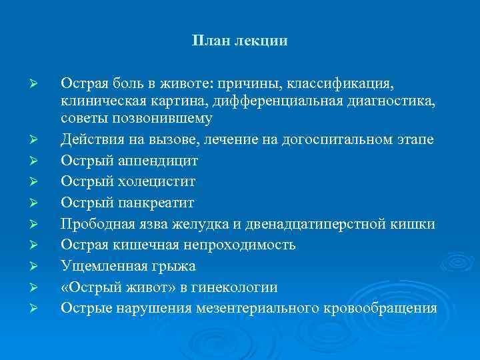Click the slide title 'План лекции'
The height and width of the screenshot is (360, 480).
240,41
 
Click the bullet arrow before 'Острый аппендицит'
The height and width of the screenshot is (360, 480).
41,161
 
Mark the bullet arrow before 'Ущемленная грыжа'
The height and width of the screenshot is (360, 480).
41,266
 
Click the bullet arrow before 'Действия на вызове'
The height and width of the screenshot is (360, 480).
41,139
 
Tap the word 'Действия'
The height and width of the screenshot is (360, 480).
91,139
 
